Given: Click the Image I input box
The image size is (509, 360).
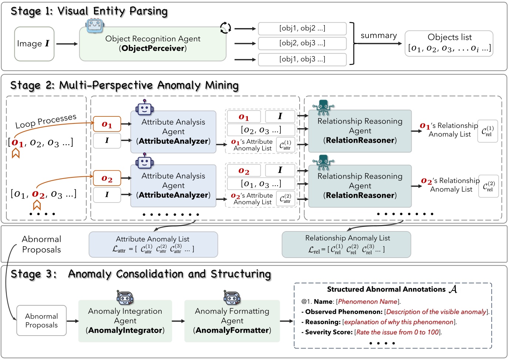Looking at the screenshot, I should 34,44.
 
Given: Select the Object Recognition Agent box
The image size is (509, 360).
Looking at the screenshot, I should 152,44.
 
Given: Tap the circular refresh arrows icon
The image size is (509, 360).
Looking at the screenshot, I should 225,27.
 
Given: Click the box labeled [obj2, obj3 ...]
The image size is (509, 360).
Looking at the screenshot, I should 302,43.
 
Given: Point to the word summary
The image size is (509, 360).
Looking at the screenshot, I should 378,35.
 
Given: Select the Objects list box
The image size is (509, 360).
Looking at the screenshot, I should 449,43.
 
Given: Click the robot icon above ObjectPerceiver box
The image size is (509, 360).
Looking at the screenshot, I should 95,26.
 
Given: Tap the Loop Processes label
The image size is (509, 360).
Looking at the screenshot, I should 46,121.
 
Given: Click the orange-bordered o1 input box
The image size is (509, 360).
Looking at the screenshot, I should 107,124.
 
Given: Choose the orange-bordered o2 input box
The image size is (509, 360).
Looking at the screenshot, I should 107,178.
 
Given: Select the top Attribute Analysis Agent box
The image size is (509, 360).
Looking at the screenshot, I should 173,132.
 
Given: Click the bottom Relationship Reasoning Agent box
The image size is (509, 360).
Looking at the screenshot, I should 360,186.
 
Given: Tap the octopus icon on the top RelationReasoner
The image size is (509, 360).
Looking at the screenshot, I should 323,108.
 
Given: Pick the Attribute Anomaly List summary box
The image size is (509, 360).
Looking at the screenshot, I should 153,244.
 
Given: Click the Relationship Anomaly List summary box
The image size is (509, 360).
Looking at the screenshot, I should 346,244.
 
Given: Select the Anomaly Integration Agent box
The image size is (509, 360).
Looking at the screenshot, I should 125,320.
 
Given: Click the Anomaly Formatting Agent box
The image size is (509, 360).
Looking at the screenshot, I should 232,320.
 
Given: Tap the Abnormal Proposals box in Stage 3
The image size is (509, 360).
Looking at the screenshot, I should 41,320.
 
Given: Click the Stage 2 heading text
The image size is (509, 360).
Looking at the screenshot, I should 124,85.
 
